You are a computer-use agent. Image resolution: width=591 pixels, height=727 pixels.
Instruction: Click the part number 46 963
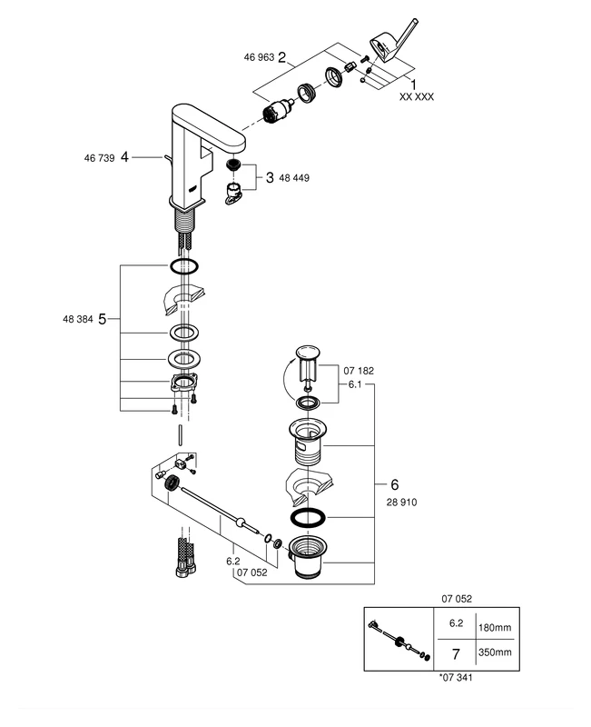click(x=259, y=57)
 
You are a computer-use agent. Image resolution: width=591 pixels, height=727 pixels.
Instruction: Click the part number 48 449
click(x=295, y=178)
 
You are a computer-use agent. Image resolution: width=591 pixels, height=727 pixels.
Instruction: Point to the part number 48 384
click(x=76, y=320)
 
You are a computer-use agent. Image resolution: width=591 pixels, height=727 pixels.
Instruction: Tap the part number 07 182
click(x=358, y=371)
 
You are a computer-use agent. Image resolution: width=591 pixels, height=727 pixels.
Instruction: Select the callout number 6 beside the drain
click(x=394, y=484)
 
